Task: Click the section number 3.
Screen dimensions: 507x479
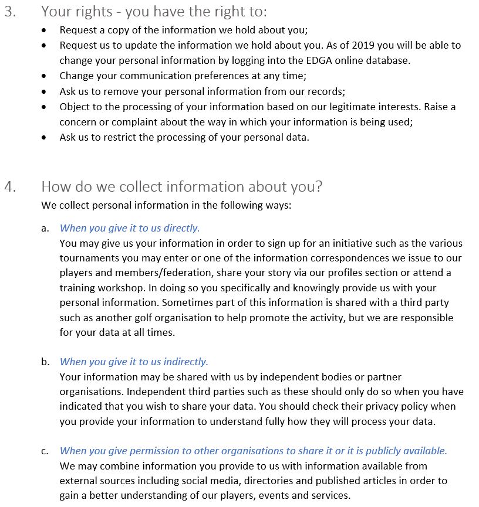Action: coord(10,12)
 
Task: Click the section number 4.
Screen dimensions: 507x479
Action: coord(10,187)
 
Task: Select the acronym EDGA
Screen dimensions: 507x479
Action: coord(319,60)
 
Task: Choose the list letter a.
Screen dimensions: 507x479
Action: coord(45,228)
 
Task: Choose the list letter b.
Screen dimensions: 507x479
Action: coord(45,362)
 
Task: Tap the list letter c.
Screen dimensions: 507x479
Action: coord(45,451)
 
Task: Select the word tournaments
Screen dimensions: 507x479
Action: coord(86,258)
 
